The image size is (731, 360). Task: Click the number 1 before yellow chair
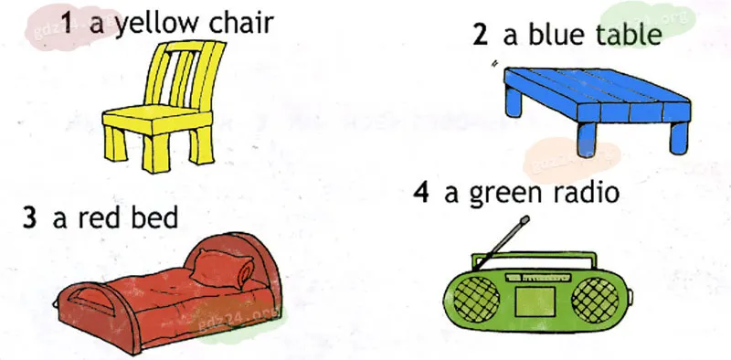[67, 24]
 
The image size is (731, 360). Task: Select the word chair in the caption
[240, 23]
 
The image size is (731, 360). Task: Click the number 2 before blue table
[481, 35]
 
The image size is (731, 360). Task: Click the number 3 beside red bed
[29, 217]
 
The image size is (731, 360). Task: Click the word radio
[587, 191]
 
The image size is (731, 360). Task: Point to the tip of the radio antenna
[524, 219]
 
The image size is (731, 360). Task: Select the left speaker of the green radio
[476, 300]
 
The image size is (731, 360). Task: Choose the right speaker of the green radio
[595, 300]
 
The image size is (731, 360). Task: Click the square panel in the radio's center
[535, 302]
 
